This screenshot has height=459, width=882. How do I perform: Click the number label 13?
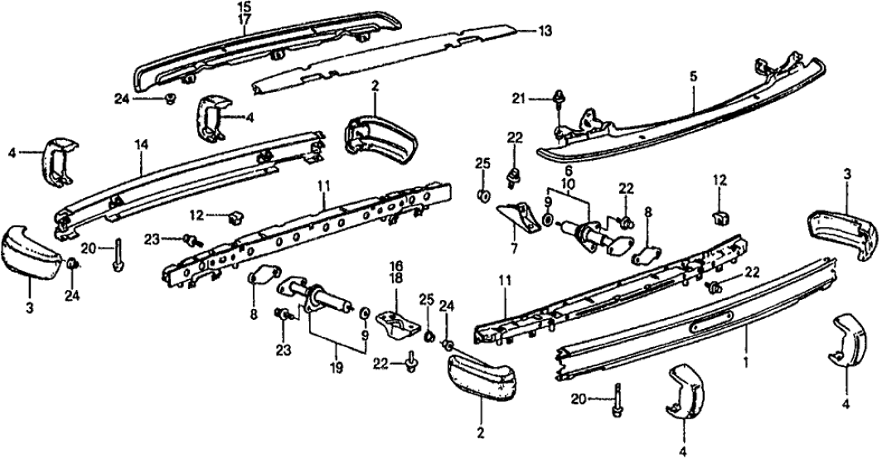tap(544, 32)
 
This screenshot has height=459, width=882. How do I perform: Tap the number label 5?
tap(694, 76)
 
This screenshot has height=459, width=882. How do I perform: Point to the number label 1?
tap(747, 362)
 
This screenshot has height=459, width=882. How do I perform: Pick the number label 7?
tap(569, 169)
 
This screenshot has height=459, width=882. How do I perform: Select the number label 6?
tap(569, 169)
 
